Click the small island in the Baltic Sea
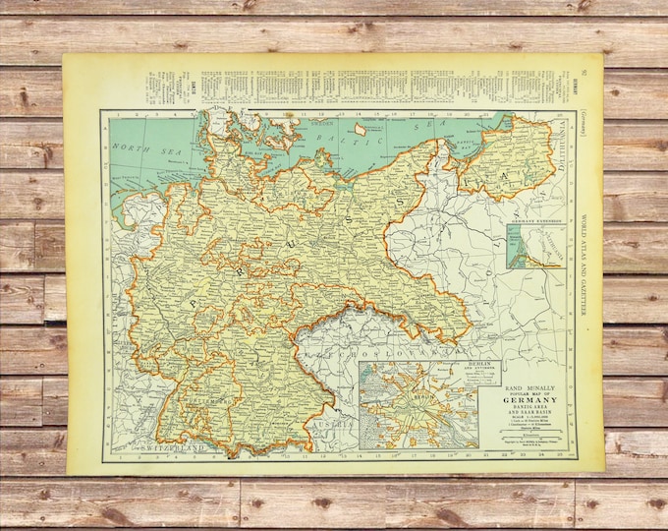[359, 128]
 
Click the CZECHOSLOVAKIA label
[378, 348]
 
